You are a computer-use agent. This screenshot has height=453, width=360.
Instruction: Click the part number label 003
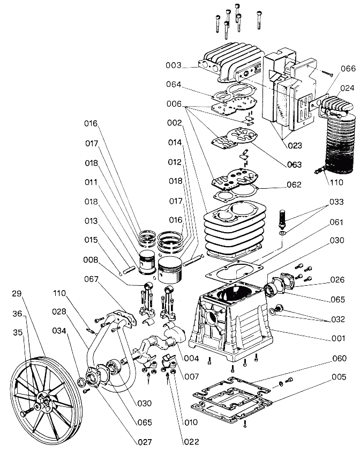pos(173,65)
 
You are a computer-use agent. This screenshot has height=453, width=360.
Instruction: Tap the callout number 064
pos(174,84)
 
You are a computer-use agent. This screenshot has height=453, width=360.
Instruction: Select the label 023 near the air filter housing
pos(295,145)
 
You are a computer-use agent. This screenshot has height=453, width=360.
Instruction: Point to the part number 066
pos(348,69)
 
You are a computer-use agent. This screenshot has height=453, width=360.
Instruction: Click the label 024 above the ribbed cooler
pos(347,88)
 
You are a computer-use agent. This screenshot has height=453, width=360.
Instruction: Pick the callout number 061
pos(336,222)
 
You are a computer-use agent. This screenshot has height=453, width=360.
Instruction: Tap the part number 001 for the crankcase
pos(338,338)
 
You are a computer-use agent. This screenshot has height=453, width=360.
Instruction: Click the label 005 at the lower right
pos(339,377)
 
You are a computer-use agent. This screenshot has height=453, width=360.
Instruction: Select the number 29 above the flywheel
pos(17,294)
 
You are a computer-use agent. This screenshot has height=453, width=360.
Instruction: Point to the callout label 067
pos(91,279)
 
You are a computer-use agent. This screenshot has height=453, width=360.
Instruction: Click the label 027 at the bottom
pos(145,442)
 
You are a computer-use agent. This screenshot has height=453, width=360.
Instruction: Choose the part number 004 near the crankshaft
pos(191,358)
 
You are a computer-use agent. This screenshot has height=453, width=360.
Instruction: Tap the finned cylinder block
pos(235,229)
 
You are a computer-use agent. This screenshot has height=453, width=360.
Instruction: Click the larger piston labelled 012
pos(170,270)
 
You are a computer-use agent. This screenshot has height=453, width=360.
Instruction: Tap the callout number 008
pos(91,260)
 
